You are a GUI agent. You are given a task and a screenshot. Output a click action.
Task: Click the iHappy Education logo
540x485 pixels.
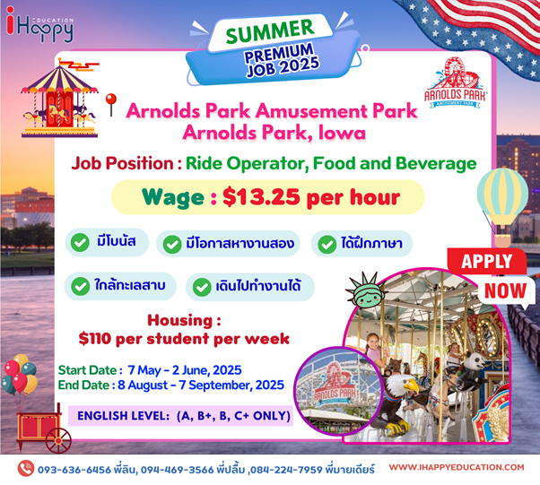point(39,25)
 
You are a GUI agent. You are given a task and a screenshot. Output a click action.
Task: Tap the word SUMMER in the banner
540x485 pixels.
point(270,31)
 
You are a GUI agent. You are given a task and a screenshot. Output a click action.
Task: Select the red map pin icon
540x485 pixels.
point(111,105)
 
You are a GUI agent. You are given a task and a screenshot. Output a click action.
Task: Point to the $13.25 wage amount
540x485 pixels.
point(261,197)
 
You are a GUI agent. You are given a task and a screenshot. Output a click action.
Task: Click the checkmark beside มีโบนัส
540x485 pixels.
point(80,242)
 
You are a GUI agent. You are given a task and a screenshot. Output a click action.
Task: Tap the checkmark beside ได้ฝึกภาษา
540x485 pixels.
point(327,245)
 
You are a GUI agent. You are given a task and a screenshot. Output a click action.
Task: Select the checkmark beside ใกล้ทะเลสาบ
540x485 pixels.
point(80,286)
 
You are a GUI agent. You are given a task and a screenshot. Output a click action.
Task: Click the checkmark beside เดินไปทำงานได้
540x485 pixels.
point(202,287)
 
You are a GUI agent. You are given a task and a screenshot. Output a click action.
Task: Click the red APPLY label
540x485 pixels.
point(486,261)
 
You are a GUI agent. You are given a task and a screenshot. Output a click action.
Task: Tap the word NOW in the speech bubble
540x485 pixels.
point(506,290)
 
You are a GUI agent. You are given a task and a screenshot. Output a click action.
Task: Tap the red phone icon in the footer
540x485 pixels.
point(25,469)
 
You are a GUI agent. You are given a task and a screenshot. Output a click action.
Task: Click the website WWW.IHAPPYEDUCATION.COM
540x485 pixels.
point(457,467)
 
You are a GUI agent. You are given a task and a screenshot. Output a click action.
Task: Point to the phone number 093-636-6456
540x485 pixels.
point(74,470)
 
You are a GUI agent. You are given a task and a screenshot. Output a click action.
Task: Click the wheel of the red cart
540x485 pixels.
point(58,440)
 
